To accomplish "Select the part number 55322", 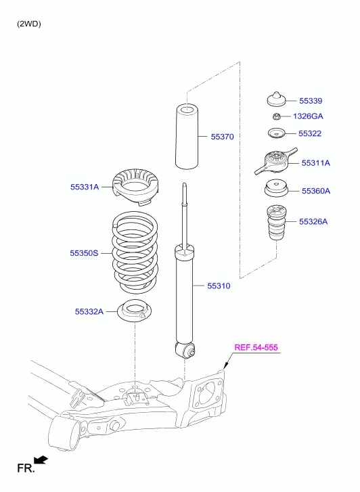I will click(x=310, y=133).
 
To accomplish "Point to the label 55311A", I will click(x=315, y=163).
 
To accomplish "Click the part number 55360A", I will click(x=315, y=191).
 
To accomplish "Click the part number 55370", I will click(x=221, y=137).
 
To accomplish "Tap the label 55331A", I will click(x=84, y=186).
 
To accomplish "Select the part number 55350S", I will click(x=84, y=252).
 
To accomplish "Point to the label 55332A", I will click(x=89, y=311).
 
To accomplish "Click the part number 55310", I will click(x=219, y=286).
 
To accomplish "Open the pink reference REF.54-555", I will click(x=256, y=348).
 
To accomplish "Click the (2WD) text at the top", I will click(x=29, y=24).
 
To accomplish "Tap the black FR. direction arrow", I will click(x=41, y=461).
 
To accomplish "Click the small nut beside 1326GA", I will click(x=275, y=116).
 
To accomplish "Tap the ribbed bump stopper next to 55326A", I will click(x=275, y=223).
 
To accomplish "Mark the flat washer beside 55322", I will click(x=275, y=133).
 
